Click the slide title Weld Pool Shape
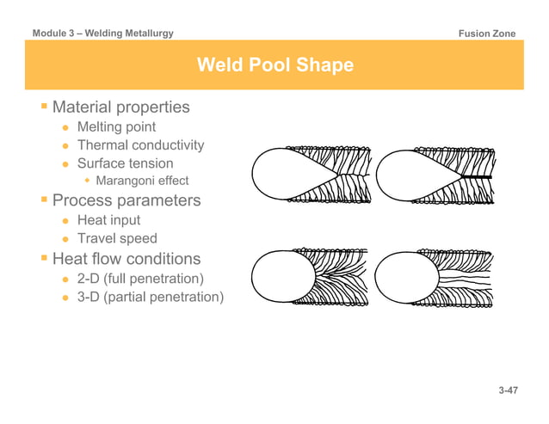click(x=274, y=65)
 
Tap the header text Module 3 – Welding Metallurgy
click(x=103, y=34)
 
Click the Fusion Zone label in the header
click(x=488, y=34)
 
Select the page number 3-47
click(x=508, y=391)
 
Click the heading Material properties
click(x=121, y=108)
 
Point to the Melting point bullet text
click(x=117, y=126)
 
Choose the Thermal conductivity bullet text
click(x=141, y=144)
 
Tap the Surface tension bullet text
click(x=126, y=163)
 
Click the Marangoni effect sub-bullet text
click(x=142, y=181)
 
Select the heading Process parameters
click(x=126, y=200)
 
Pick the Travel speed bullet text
click(x=117, y=238)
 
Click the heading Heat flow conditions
click(x=126, y=258)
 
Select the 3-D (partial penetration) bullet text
click(x=151, y=297)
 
